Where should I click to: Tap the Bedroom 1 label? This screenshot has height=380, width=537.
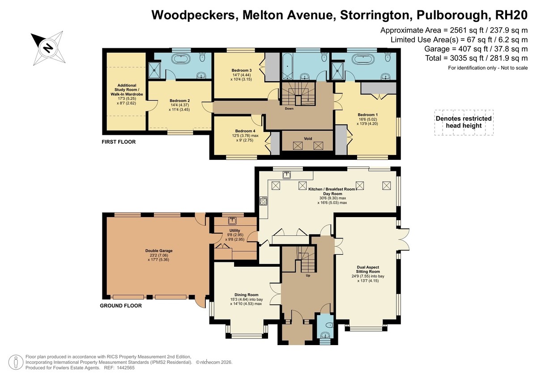point(367,115)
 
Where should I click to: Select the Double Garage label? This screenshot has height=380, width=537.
point(159,251)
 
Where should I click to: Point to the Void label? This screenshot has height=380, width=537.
point(308,139)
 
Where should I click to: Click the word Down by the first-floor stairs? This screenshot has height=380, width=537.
point(289,109)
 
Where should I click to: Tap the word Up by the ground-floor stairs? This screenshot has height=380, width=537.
point(308,275)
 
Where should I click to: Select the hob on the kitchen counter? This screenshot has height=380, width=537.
point(263,201)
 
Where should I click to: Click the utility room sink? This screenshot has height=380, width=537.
point(232,221)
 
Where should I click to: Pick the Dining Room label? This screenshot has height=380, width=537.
point(246,295)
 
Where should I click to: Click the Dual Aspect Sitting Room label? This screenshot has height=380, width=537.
point(368,269)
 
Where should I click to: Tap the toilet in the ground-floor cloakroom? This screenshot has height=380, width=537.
point(329,325)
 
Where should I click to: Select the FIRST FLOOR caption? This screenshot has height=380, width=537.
point(119,142)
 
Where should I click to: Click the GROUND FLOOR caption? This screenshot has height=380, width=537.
point(121,306)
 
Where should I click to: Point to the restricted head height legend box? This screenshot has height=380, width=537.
point(464,123)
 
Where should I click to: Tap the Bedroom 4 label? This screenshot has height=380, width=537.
point(245,131)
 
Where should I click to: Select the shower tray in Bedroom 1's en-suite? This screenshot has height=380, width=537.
point(338,71)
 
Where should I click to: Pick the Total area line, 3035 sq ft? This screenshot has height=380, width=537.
point(476,58)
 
